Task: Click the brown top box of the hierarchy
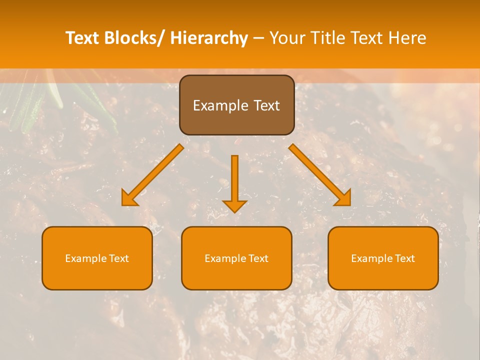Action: (236, 105)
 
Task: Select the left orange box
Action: (97, 258)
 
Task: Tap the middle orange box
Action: (236, 258)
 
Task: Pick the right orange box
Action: (383, 258)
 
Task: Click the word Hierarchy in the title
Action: (209, 38)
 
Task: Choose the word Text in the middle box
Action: (257, 258)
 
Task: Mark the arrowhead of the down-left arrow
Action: (129, 198)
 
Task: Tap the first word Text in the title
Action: (82, 38)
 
